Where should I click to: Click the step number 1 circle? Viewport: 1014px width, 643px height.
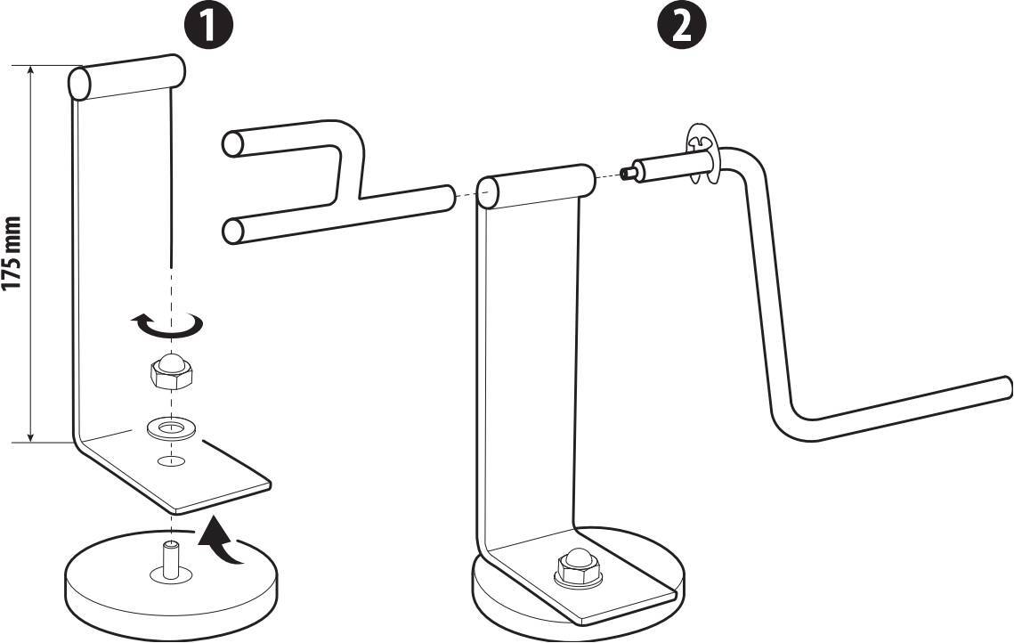coord(209,25)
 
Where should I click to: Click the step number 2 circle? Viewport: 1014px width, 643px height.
coord(682,25)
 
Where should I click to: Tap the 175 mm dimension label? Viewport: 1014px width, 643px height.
coord(13,255)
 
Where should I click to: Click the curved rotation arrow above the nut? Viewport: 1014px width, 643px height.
coord(166,326)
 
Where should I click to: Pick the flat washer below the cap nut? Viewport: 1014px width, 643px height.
coord(171,427)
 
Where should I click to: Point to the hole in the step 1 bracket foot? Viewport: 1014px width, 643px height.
coord(169,460)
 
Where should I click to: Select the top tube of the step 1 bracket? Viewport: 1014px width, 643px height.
coord(126,77)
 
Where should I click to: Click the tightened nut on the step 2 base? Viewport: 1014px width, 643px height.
coord(579,567)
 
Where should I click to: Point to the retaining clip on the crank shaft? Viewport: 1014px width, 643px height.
coord(701,156)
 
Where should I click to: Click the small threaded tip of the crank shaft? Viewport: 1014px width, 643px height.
coord(627,174)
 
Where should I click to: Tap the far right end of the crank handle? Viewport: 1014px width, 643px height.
coord(1007,387)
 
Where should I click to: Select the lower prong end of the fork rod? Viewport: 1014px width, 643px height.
coord(233,231)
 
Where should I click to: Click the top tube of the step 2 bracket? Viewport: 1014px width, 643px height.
coord(535,185)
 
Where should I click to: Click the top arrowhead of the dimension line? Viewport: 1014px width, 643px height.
coord(30,70)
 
